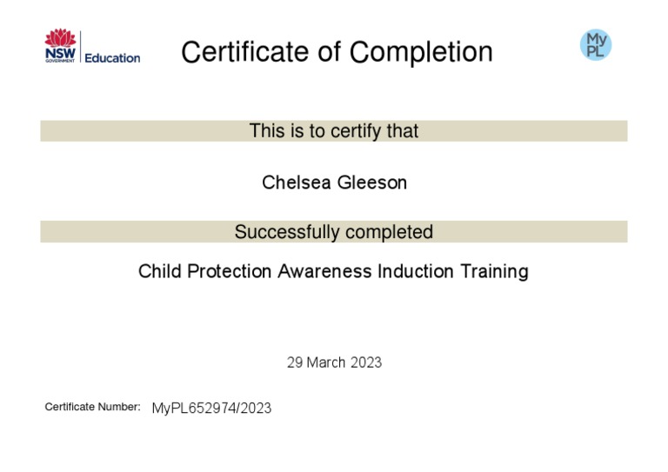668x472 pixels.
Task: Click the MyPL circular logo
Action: [596, 44]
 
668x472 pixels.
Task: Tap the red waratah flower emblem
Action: [61, 39]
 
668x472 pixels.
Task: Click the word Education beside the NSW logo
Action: [112, 58]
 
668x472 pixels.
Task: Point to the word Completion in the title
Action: [421, 52]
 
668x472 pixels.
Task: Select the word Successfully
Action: [287, 233]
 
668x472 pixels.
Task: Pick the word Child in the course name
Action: [157, 271]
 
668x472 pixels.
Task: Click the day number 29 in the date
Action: [295, 362]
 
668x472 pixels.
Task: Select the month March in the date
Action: [327, 362]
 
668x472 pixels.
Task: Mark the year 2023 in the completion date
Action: [366, 362]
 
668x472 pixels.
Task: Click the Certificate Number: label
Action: [92, 407]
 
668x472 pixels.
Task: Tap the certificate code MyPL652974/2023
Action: [211, 408]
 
